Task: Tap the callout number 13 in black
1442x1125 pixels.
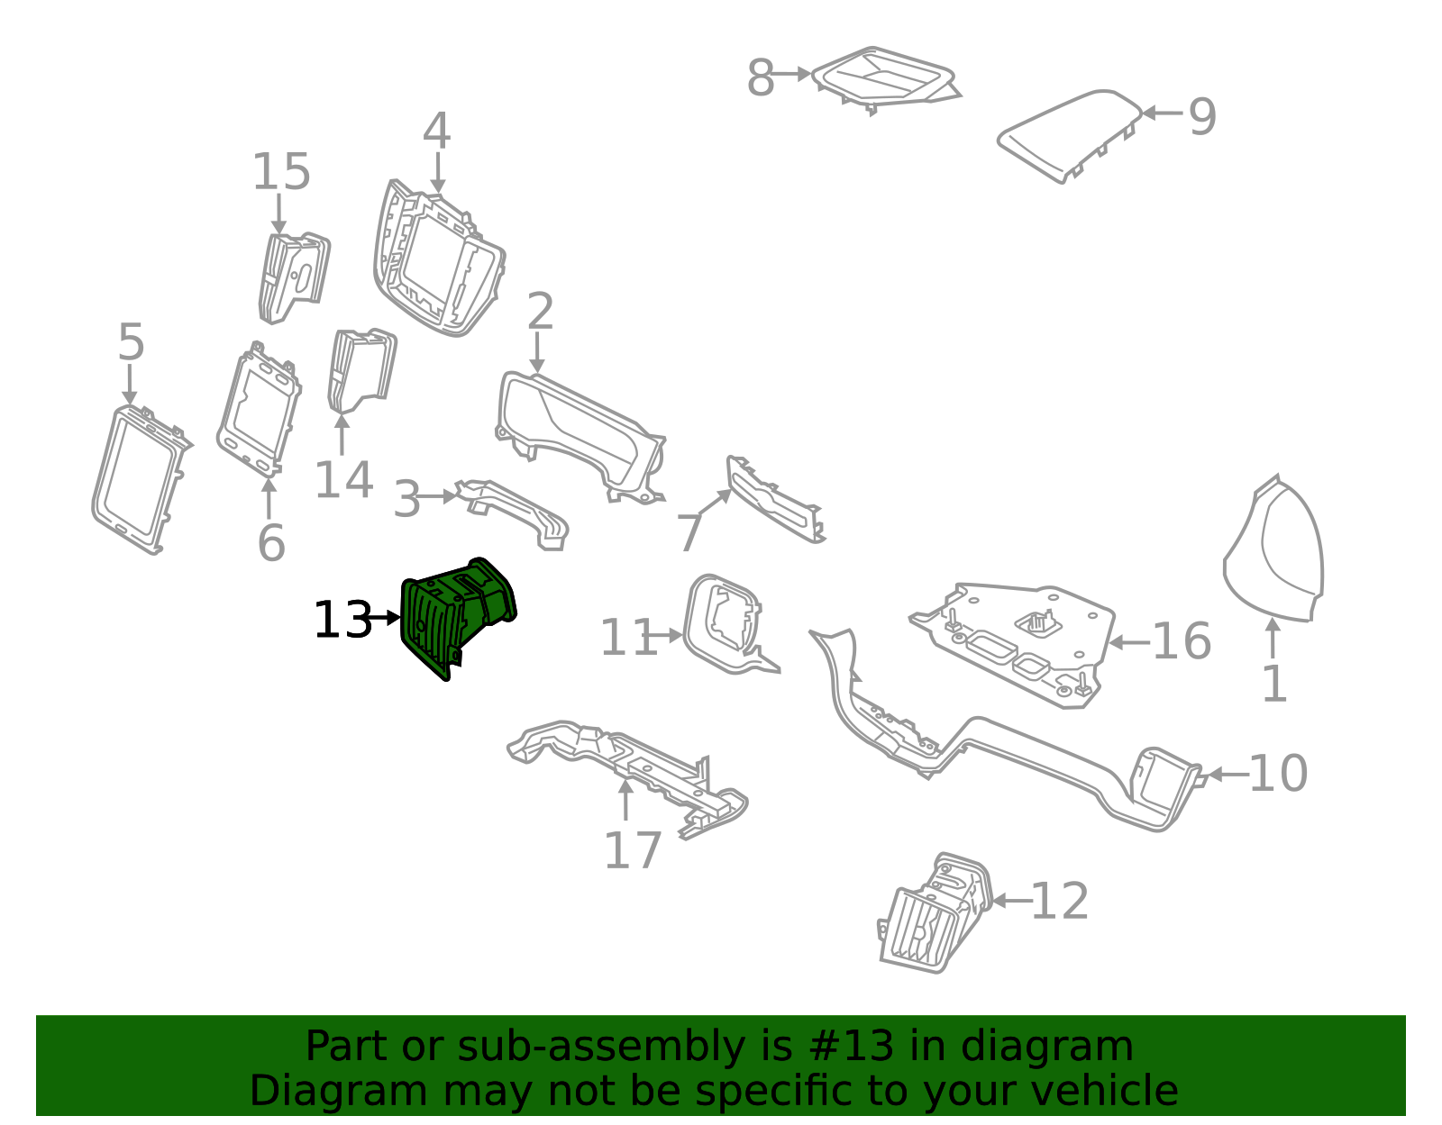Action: pos(342,621)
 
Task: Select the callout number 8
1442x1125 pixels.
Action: pos(761,77)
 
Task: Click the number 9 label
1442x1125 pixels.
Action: pos(1201,117)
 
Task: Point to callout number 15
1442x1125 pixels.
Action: pos(281,172)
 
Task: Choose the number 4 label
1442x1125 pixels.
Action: pos(436,131)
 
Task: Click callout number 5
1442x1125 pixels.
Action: pos(131,342)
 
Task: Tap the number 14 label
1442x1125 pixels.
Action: pos(343,480)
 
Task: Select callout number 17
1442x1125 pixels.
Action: pos(633,850)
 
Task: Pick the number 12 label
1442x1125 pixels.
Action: pos(1060,902)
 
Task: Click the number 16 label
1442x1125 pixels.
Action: pos(1182,641)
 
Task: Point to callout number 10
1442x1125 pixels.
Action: pos(1278,774)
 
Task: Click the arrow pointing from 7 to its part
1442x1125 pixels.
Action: pos(714,502)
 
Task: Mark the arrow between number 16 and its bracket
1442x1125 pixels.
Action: pos(1129,642)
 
